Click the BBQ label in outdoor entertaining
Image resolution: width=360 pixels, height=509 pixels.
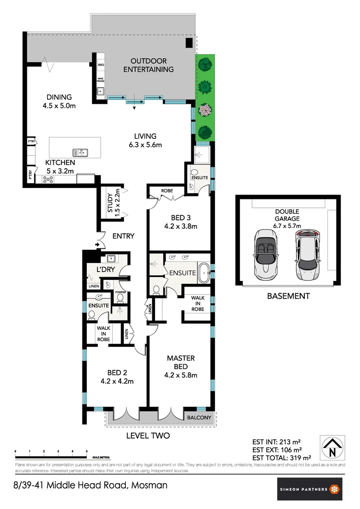tap(100, 65)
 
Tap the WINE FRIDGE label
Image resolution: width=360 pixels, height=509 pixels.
tap(100, 80)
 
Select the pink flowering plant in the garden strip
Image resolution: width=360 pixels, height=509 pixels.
tap(205, 110)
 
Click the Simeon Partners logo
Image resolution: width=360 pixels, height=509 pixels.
tap(309, 489)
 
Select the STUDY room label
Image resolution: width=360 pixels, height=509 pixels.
tap(110, 203)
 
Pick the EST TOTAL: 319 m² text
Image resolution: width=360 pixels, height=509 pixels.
tap(282, 457)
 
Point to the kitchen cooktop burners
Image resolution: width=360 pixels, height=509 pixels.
tap(49, 179)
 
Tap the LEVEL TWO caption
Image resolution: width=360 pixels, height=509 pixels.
tap(148, 436)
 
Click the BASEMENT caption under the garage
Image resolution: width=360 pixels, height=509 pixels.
tap(288, 296)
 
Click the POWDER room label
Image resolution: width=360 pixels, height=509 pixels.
tap(120, 292)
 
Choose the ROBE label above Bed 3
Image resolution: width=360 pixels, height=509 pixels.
tap(167, 191)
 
